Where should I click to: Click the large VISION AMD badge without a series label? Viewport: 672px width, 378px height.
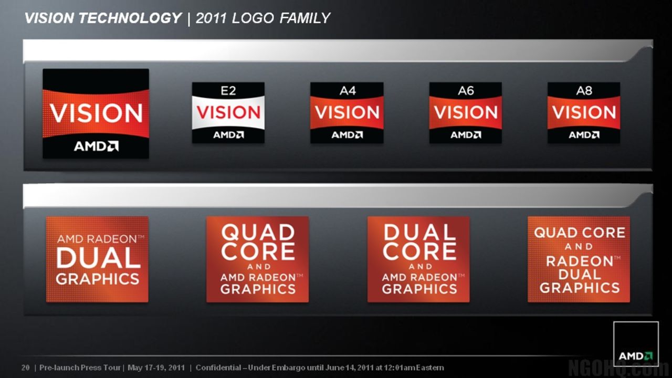(x=96, y=113)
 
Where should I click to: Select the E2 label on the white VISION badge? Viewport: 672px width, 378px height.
(x=228, y=91)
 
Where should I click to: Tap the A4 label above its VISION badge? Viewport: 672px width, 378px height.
(x=347, y=91)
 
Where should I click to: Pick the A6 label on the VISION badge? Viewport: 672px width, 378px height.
(x=466, y=91)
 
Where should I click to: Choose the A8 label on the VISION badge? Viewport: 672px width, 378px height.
(x=584, y=91)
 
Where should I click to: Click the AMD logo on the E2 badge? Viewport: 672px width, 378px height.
(x=228, y=135)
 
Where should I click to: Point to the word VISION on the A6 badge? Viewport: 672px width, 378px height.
(x=466, y=112)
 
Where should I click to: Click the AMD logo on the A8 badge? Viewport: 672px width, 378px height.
(x=584, y=135)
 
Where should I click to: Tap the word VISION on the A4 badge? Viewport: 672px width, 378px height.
(x=347, y=112)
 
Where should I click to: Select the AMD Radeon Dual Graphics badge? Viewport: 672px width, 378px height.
(x=97, y=259)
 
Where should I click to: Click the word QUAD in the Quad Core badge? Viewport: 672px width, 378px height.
(x=258, y=232)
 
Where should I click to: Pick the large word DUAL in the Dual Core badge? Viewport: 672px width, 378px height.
(x=419, y=232)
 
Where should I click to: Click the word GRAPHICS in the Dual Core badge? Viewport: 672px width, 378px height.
(x=419, y=289)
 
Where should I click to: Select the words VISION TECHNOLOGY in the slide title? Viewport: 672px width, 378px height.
(x=103, y=18)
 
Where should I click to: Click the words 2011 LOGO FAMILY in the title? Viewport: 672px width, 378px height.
(x=262, y=18)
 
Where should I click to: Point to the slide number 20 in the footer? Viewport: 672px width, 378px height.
(x=25, y=367)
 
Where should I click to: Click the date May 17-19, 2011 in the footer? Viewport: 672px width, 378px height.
(x=156, y=367)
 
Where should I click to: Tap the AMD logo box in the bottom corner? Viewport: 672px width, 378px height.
(x=636, y=344)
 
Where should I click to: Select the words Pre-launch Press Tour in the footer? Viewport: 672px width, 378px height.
(x=80, y=367)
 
